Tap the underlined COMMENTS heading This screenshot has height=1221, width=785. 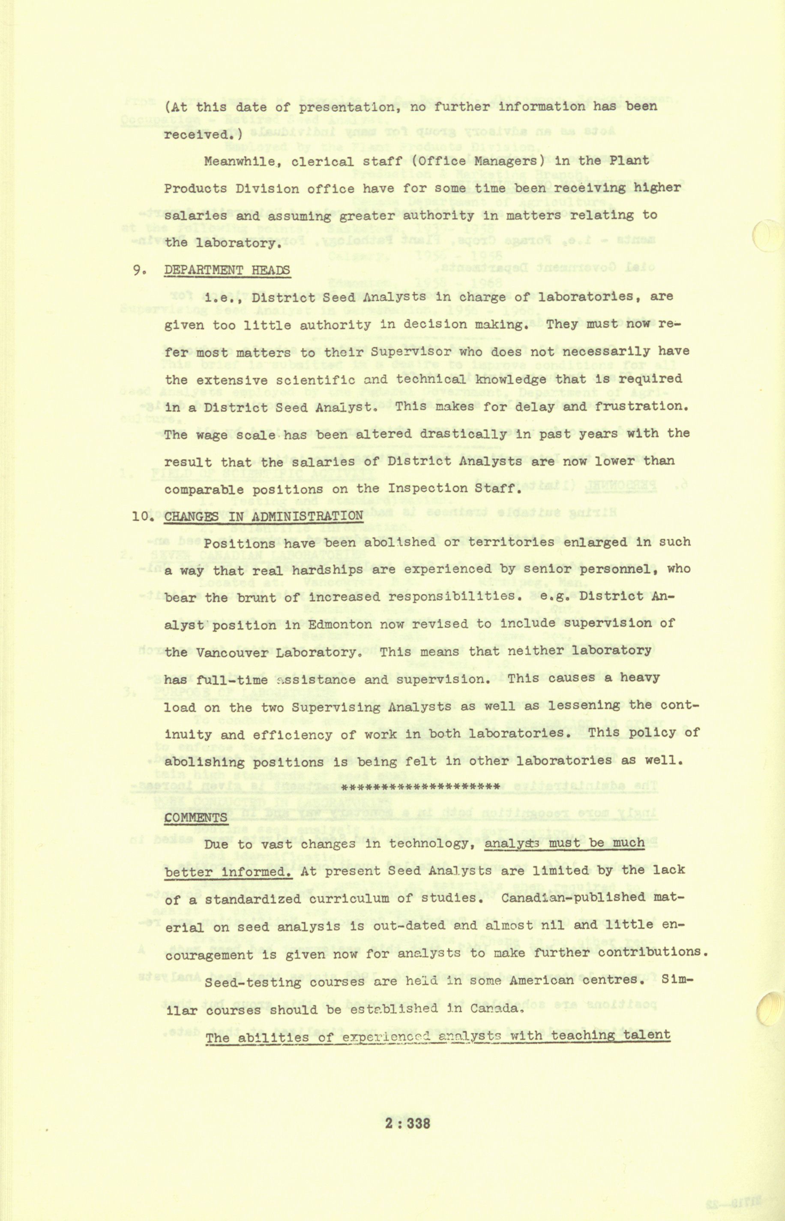coord(196,817)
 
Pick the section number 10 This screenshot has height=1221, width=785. coord(141,516)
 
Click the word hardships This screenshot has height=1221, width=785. coord(328,570)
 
